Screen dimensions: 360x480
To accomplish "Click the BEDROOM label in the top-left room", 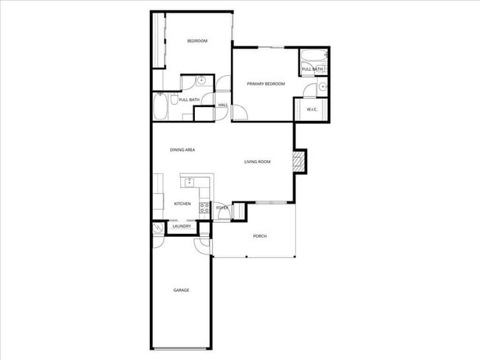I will [x=196, y=41].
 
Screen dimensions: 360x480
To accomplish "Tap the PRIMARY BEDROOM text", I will [x=266, y=84].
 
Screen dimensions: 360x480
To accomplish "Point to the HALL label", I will [x=222, y=105].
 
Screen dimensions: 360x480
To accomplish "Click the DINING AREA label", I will [x=182, y=150].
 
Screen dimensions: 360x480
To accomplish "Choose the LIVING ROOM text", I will [x=258, y=162].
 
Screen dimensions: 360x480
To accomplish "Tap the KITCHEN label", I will [x=182, y=204].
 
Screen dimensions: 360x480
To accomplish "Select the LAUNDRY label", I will [x=182, y=226].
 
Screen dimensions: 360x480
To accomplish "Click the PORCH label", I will [x=259, y=236].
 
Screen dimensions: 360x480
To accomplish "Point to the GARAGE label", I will [x=181, y=290].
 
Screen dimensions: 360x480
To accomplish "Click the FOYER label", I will [x=222, y=208].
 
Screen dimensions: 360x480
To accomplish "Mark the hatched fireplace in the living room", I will [x=299, y=162].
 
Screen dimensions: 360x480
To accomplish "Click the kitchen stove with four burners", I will [x=204, y=208].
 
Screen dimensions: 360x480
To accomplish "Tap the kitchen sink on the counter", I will [x=189, y=181].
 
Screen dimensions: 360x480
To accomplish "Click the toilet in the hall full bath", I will [x=174, y=97].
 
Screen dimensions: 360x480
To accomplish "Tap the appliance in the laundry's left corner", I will [x=159, y=229].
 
